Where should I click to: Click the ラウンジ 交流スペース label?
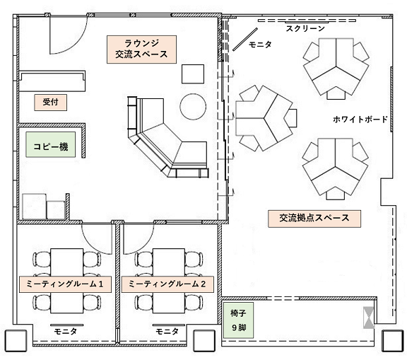141,50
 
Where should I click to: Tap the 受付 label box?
50,103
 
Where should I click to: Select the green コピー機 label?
50,145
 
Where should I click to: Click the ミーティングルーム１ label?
65,284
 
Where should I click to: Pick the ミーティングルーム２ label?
167,284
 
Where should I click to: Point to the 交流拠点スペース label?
314,219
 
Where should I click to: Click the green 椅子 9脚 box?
238,320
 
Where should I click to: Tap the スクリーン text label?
305,28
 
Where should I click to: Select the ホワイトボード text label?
360,120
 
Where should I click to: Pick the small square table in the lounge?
193,74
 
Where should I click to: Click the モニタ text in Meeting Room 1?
65,332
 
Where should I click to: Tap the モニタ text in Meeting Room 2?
167,332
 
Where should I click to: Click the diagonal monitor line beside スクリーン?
245,40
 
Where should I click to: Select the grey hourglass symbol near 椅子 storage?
369,318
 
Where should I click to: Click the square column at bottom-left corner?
16,340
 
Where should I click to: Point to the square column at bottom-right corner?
392,340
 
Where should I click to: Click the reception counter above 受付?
52,81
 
